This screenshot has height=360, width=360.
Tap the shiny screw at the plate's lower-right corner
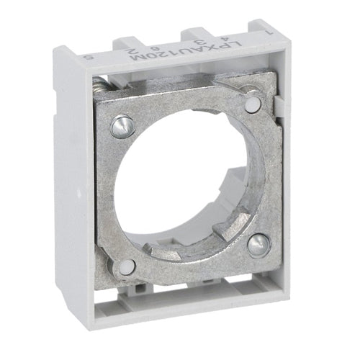(x=258, y=244)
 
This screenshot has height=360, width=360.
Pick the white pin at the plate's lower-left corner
(x=127, y=267)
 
